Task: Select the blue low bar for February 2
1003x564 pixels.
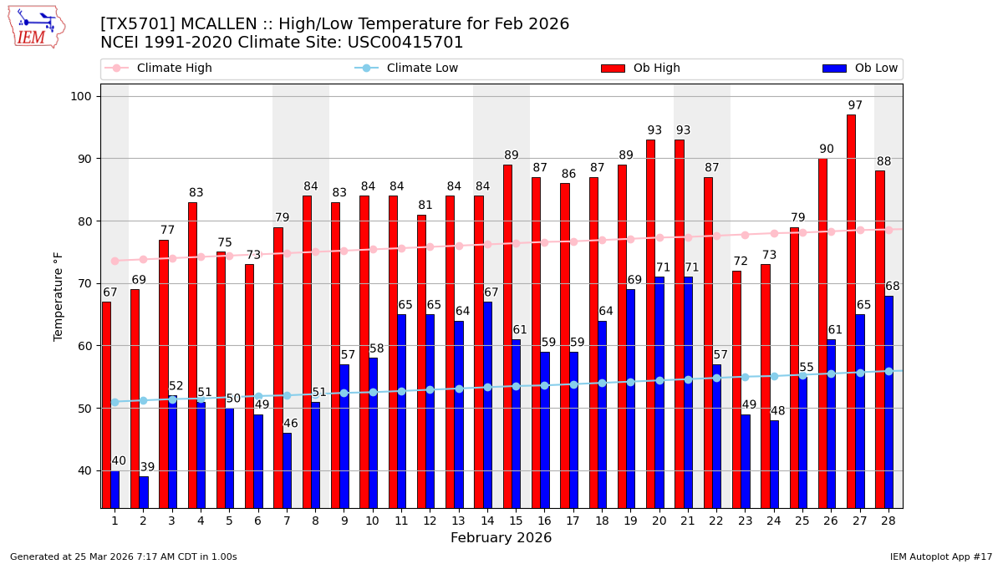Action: pos(144,492)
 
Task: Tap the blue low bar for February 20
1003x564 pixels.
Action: pos(659,392)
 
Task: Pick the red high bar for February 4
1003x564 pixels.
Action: pos(192,355)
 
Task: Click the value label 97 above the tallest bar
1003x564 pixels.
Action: pos(855,106)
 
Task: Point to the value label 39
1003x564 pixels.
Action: pos(147,468)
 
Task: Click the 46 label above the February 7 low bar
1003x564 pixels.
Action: pos(290,424)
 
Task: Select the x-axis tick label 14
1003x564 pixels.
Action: pos(486,521)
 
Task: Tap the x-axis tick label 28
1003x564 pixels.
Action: pos(888,521)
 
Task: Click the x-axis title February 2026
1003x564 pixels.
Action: pos(501,538)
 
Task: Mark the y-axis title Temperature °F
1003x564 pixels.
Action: pos(59,296)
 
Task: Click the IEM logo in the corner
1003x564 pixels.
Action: pos(37,27)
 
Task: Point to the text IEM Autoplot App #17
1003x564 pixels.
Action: pos(940,556)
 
